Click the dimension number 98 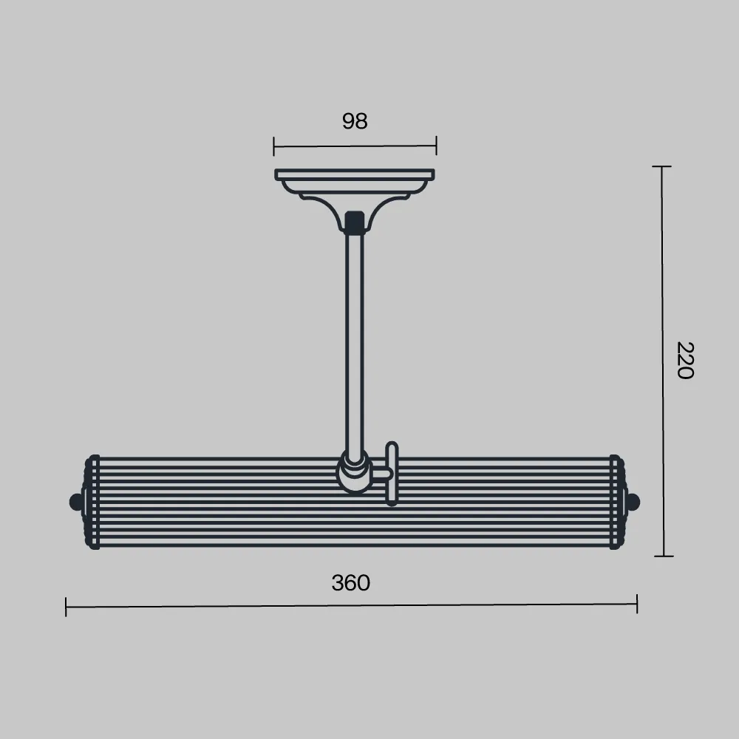pos(355,121)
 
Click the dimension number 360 pos(350,583)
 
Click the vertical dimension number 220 pos(685,361)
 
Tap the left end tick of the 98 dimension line pos(274,146)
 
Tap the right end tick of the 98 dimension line pos(437,145)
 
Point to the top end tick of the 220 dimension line pos(661,166)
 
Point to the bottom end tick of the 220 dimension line pos(664,556)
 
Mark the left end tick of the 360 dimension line pos(66,607)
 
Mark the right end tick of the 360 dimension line pos(637,604)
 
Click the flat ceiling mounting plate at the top pos(355,175)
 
